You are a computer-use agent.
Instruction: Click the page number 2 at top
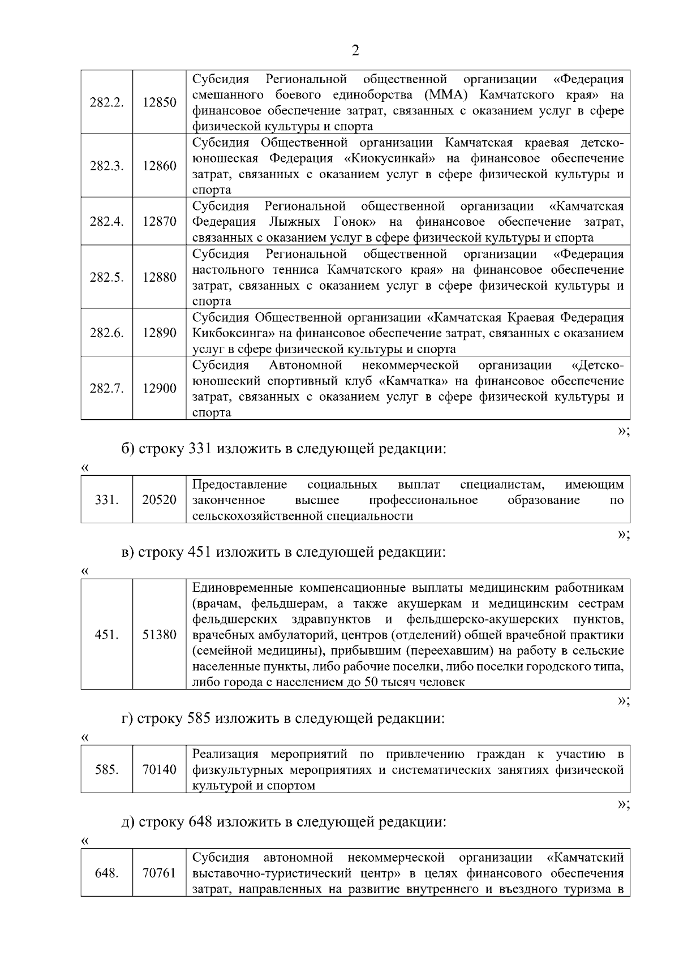pyautogui.click(x=355, y=50)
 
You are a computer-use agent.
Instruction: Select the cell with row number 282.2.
pyautogui.click(x=106, y=102)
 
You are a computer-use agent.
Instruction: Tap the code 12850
pyautogui.click(x=159, y=102)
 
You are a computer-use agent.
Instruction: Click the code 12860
pyautogui.click(x=159, y=166)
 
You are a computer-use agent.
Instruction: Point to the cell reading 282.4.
pyautogui.click(x=106, y=221)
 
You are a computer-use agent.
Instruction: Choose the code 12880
pyautogui.click(x=159, y=277)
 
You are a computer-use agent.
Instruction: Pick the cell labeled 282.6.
pyautogui.click(x=106, y=333)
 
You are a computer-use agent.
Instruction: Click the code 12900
pyautogui.click(x=159, y=388)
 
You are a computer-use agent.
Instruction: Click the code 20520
pyautogui.click(x=159, y=500)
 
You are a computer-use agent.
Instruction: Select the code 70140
pyautogui.click(x=159, y=769)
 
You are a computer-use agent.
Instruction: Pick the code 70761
pyautogui.click(x=159, y=873)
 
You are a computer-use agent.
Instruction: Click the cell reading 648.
pyautogui.click(x=106, y=873)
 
